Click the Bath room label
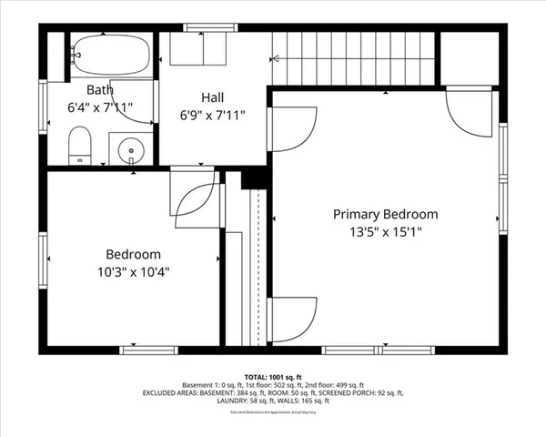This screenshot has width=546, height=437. (x=100, y=90)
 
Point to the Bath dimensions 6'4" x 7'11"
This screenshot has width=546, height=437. (x=100, y=107)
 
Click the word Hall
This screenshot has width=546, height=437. (x=214, y=97)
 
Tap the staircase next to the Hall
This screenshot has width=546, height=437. (x=355, y=56)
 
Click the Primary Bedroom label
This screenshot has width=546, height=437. (x=385, y=215)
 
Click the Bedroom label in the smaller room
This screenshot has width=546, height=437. (x=133, y=255)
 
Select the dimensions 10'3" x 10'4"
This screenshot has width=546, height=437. (x=133, y=271)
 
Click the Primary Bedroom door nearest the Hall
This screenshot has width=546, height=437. (x=293, y=128)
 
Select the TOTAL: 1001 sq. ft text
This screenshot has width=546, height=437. (x=273, y=375)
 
